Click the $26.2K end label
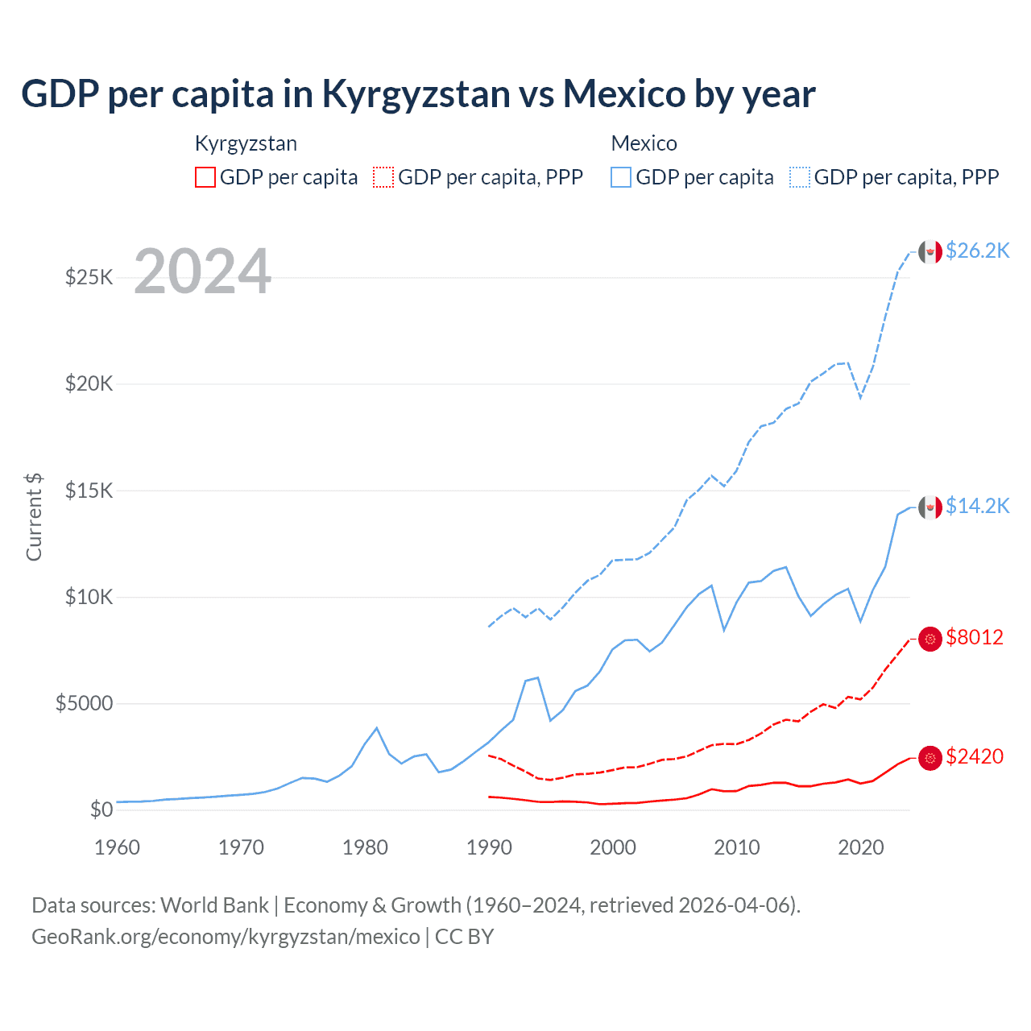(x=977, y=251)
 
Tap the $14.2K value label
(x=977, y=506)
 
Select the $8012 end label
(x=975, y=637)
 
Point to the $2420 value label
(x=975, y=756)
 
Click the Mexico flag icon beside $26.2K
(x=930, y=252)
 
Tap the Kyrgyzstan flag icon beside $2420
(x=930, y=758)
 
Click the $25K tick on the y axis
(x=89, y=277)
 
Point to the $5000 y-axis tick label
(x=84, y=703)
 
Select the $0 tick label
(x=101, y=809)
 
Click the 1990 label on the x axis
(x=489, y=847)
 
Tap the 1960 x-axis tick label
(x=117, y=847)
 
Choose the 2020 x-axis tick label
(x=861, y=847)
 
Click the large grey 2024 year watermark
(x=202, y=271)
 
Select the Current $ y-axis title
(x=34, y=517)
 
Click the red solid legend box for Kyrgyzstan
(x=205, y=177)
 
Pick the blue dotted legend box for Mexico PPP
(x=800, y=177)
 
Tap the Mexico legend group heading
(x=644, y=143)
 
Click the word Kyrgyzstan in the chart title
(x=416, y=93)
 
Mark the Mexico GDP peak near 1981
(x=376, y=728)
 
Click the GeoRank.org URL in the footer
(x=226, y=937)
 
